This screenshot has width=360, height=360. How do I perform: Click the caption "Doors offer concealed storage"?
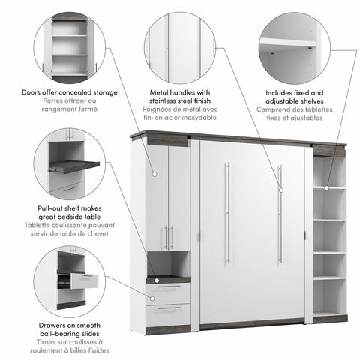click(69, 93)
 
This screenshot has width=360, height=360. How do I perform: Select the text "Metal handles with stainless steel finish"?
click(179, 97)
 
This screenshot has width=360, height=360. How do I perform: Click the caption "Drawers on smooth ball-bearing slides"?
click(69, 328)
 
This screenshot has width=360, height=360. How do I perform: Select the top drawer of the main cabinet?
click(168, 288)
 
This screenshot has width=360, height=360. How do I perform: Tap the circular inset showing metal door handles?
click(179, 41)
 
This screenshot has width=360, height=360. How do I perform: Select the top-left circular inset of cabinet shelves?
click(69, 41)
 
